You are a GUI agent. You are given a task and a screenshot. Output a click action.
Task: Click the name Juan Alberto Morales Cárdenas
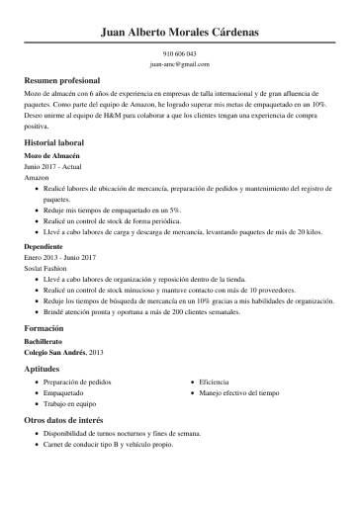click(180, 33)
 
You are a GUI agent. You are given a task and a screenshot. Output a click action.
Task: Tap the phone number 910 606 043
click(180, 53)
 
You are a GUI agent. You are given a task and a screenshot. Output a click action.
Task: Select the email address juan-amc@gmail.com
click(180, 63)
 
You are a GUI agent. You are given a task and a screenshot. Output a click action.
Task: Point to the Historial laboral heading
click(55, 143)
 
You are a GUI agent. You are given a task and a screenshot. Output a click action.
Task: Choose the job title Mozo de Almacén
click(51, 156)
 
